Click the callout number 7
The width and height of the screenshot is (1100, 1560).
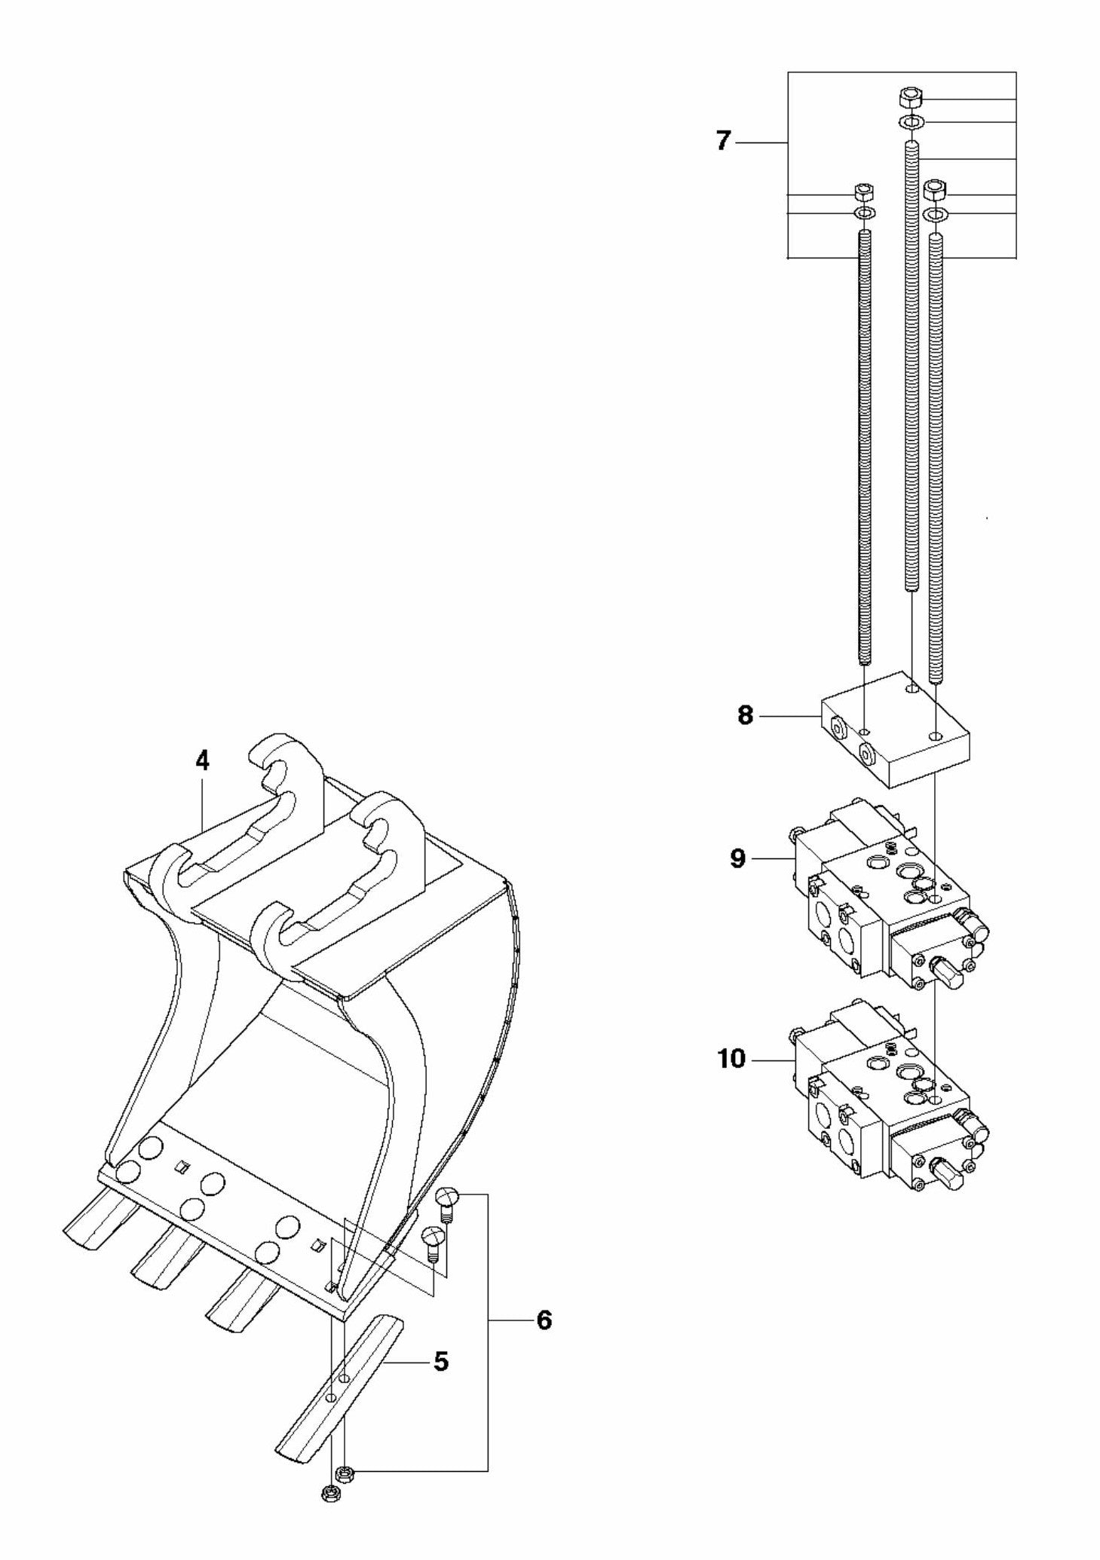coord(723,141)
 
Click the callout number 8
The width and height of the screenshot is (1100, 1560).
coord(745,714)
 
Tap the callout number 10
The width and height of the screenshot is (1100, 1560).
coord(731,1058)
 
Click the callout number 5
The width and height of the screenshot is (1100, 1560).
coord(441,1361)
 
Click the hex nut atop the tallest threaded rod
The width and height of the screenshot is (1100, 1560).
coord(910,98)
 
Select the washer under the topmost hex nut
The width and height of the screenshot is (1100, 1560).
coord(910,122)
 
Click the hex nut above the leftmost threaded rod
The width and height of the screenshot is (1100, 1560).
coord(863,191)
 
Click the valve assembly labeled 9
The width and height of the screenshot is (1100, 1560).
coord(882,897)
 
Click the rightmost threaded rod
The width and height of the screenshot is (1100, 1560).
coord(936,452)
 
